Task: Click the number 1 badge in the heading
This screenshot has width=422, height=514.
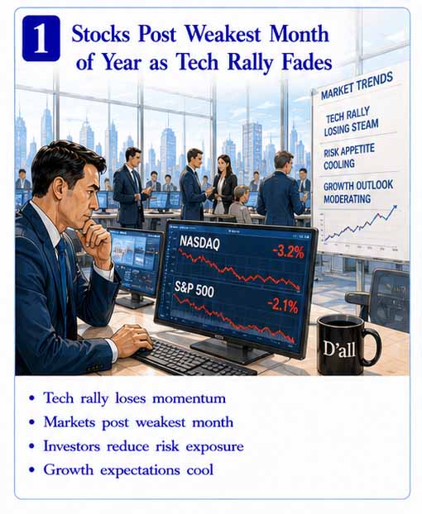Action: tap(41, 38)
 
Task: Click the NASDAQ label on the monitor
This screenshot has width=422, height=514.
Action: tap(200, 243)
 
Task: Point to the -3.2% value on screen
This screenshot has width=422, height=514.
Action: tap(288, 252)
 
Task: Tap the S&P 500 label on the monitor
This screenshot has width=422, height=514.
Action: tap(194, 289)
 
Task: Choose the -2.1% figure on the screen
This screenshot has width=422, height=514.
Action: tap(282, 306)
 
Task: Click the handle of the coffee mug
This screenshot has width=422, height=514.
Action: tap(374, 346)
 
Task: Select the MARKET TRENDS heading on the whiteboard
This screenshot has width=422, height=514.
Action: tap(357, 86)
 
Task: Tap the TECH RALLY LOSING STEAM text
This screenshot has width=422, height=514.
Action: tap(351, 121)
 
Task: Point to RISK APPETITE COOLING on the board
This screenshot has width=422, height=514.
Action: tap(348, 157)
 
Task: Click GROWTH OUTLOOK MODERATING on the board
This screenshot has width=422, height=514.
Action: tap(358, 192)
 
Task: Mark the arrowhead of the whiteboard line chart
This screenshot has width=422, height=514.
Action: tap(395, 207)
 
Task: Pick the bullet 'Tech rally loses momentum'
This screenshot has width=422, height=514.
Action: tap(135, 398)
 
